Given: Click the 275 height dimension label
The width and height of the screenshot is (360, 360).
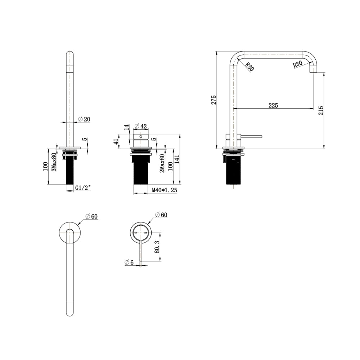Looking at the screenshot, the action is [214, 100].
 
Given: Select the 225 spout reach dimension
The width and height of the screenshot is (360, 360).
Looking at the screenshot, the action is [273, 105].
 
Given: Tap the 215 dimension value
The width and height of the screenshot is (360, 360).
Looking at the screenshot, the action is [321, 111].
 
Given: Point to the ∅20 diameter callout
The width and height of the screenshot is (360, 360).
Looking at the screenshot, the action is [84, 119].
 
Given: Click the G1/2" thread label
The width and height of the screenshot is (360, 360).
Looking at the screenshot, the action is [83, 188].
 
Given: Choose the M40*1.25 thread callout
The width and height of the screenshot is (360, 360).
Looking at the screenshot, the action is [165, 190].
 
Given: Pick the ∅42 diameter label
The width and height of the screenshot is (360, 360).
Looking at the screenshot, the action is [140, 126].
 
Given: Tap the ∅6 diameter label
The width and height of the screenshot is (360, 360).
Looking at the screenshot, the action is [129, 262].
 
